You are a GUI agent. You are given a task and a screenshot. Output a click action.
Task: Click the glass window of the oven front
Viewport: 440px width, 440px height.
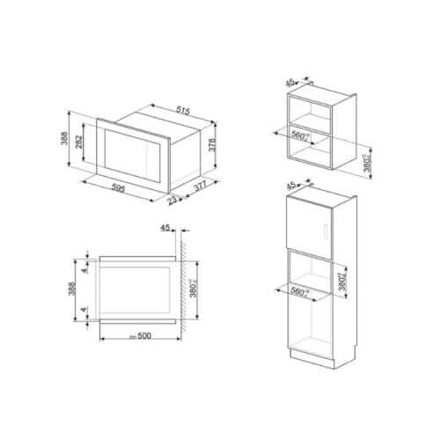[x=132, y=152]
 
